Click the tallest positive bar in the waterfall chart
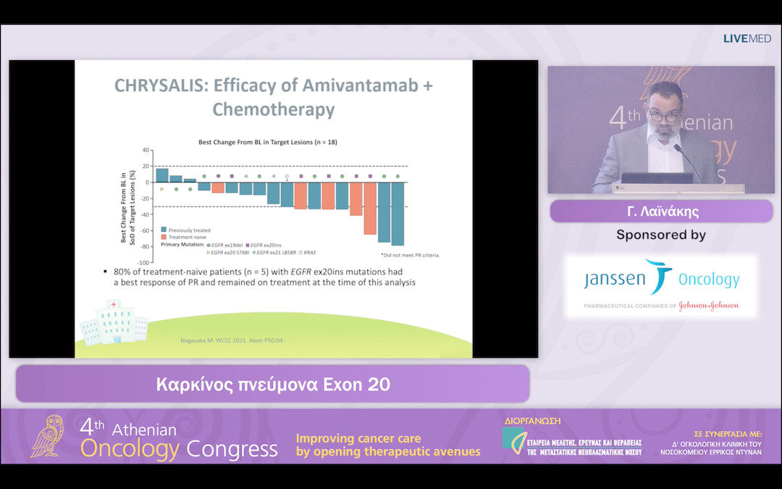(162, 175)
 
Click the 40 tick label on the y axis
(146, 151)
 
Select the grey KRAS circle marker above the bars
(287, 176)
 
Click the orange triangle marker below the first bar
(162, 189)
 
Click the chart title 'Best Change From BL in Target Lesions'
(268, 143)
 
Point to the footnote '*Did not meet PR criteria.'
(410, 255)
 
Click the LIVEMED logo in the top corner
(747, 38)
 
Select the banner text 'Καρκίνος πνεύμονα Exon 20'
(273, 384)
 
